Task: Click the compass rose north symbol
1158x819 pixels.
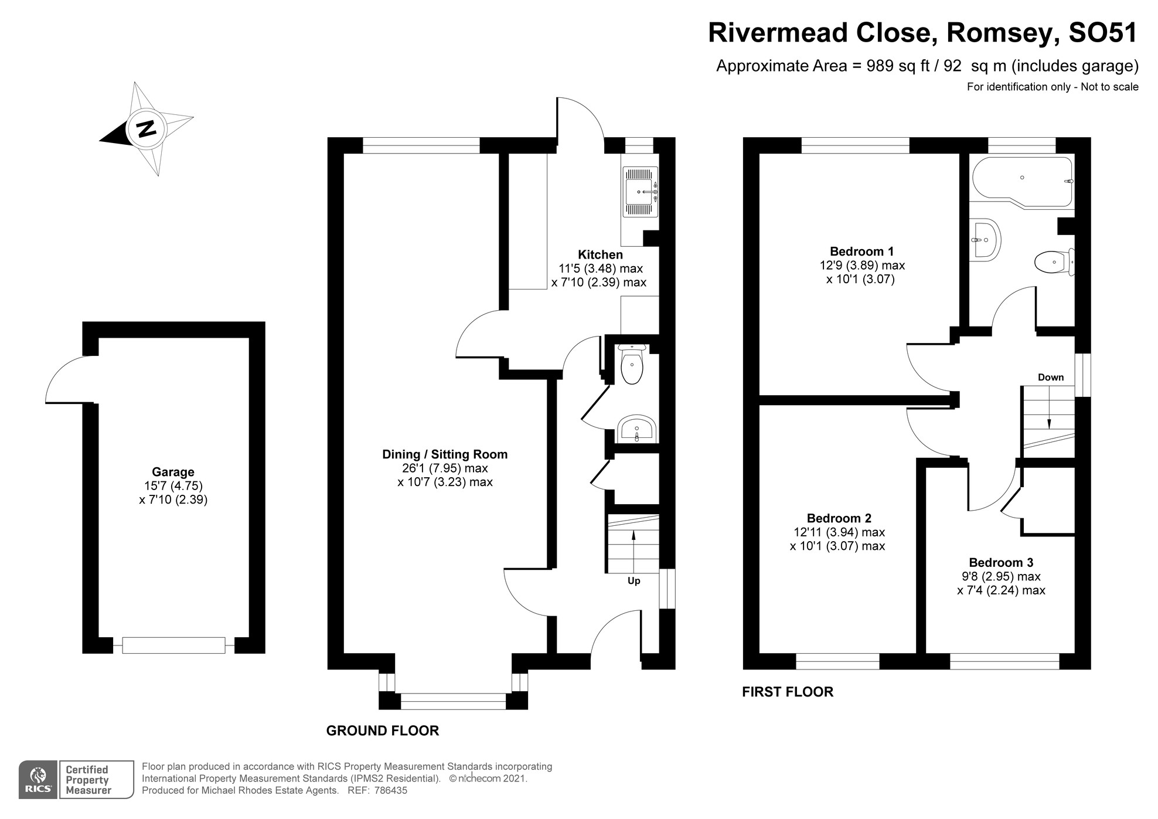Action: point(147,128)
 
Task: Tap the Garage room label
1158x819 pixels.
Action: point(173,472)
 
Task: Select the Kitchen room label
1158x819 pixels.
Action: point(600,255)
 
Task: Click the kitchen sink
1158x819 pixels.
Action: point(641,192)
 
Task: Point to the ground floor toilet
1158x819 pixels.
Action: point(631,366)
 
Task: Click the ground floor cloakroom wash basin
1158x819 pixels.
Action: point(637,429)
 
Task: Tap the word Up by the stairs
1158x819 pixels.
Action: point(634,581)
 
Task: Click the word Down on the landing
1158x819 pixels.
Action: point(1050,378)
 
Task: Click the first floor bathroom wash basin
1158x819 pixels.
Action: point(985,239)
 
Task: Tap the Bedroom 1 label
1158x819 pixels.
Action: point(861,252)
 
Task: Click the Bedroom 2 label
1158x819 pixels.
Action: point(839,518)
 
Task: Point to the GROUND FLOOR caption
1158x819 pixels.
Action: point(382,731)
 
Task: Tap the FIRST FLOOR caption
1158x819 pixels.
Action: point(787,692)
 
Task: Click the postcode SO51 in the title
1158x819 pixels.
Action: point(1102,33)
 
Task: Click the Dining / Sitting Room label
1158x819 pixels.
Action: point(445,454)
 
